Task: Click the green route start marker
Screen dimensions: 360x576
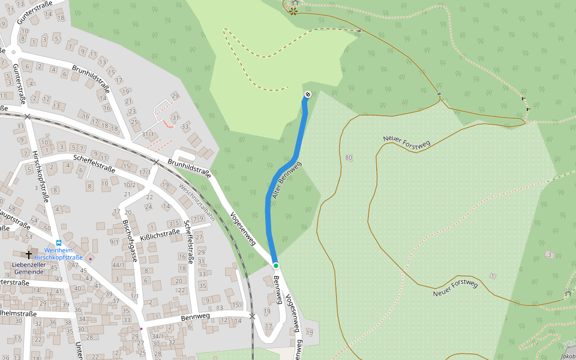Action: coord(276,265)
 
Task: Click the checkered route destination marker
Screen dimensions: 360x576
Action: coord(308,94)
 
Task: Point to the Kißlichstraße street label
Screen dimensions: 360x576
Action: coord(160,235)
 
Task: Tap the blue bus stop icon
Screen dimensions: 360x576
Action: coord(59,243)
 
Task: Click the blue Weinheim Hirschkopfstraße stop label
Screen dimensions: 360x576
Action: coord(58,254)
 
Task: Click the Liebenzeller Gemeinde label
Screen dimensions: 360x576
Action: coord(28,268)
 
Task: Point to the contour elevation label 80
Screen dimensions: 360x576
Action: coord(349,158)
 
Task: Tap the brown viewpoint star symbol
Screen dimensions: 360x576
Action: coord(293,10)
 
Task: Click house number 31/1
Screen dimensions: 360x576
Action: coord(148,134)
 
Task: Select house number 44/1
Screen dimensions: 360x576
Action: coord(118,265)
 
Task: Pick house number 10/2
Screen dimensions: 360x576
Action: coord(129,185)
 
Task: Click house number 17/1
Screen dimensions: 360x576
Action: coord(145,172)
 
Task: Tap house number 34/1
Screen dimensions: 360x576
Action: coord(158,336)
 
